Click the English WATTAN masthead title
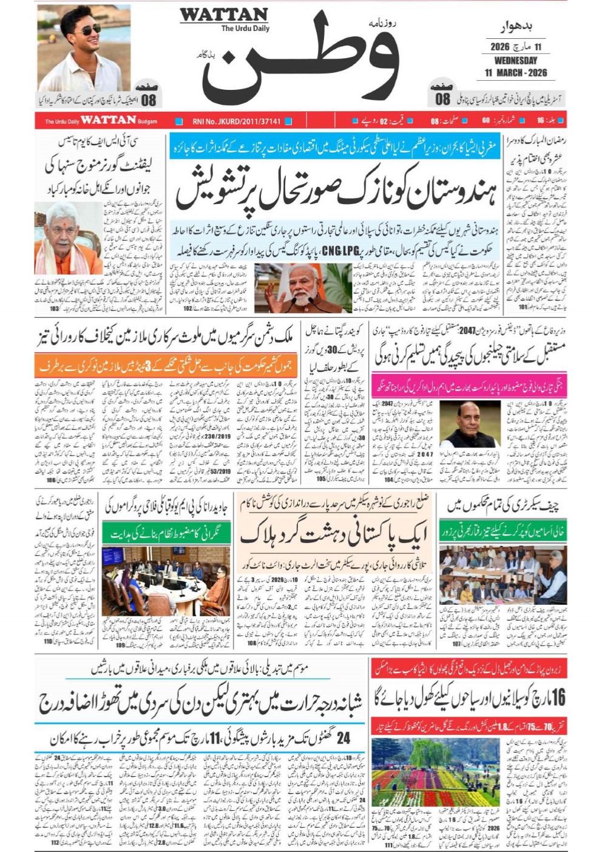point(224,15)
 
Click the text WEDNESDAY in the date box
point(515,61)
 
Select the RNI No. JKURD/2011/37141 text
point(237,121)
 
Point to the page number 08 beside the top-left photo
point(149,100)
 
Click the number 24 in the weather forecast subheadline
point(343,738)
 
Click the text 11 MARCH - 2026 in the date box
point(515,73)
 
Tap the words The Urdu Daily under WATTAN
point(245,29)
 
